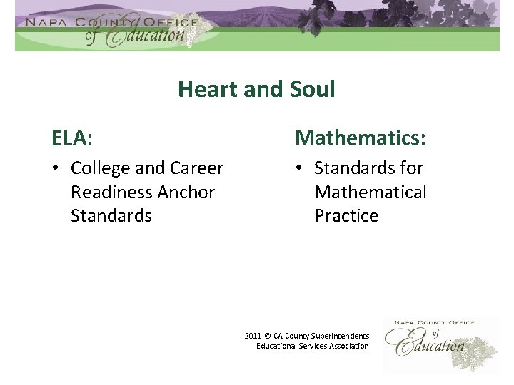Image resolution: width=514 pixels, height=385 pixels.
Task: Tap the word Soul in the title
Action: tap(308, 89)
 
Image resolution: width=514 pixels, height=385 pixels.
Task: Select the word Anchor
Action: tap(189, 192)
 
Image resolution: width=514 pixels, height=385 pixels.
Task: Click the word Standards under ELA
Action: tap(111, 215)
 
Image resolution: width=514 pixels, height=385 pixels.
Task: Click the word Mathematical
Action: tap(370, 192)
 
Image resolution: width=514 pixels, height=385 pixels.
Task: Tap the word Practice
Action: tap(346, 215)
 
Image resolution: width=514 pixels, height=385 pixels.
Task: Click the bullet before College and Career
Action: tap(55, 169)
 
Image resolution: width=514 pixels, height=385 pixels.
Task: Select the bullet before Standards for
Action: tap(298, 169)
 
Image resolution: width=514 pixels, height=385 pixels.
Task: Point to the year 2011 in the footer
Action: tap(252, 335)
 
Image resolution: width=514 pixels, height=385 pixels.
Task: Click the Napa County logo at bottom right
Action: tap(430, 340)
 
